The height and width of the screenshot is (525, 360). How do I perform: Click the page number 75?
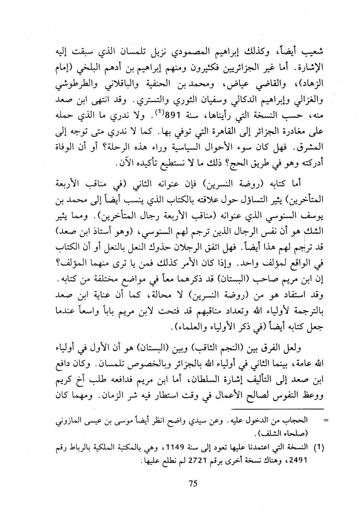point(193,483)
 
